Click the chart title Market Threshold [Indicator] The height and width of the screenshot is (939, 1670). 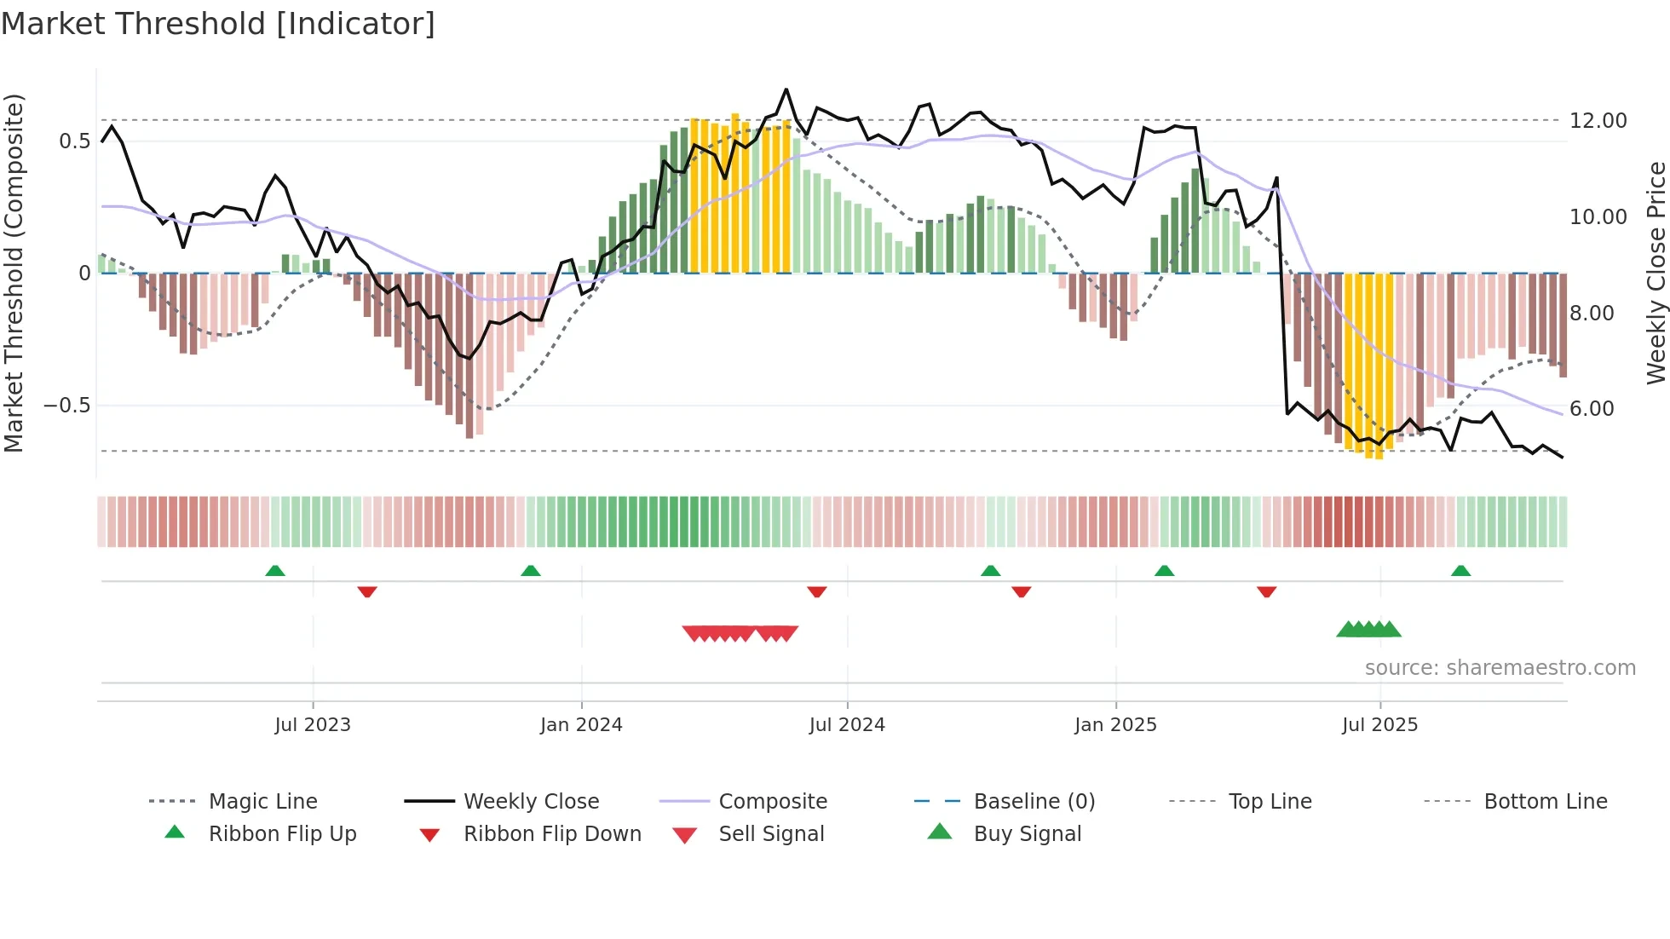click(218, 24)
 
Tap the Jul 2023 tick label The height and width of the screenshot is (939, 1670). click(313, 725)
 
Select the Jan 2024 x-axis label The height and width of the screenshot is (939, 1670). click(581, 725)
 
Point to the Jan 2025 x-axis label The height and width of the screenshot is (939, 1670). click(1115, 725)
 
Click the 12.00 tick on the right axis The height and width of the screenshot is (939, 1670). click(1598, 121)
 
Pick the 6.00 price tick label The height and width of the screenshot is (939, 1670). click(1592, 409)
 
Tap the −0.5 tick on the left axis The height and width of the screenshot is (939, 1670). click(67, 406)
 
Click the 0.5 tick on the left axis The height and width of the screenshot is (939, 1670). click(74, 141)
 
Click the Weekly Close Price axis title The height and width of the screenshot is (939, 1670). click(1656, 273)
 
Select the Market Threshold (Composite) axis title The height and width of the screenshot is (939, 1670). click(14, 273)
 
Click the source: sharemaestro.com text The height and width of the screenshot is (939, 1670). click(1500, 668)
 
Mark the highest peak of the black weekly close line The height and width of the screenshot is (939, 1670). click(786, 89)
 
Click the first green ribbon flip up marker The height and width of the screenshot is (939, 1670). click(275, 571)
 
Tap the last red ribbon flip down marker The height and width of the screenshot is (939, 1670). click(1266, 591)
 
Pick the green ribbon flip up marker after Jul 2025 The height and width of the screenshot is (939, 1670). click(1460, 571)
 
